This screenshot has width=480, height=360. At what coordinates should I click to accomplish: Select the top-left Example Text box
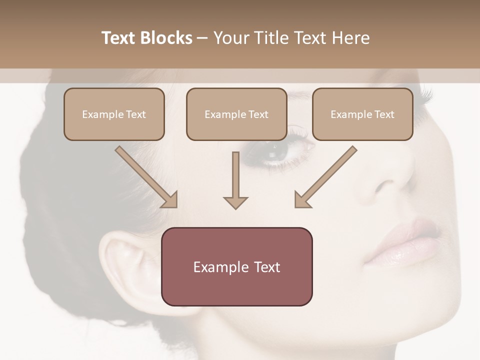pos(114,114)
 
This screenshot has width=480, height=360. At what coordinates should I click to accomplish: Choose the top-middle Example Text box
pos(236,114)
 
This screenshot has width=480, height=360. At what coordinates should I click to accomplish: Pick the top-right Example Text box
pos(362,114)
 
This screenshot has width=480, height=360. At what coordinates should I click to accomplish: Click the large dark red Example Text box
pos(236,266)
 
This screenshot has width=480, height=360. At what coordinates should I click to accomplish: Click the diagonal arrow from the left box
pos(147,177)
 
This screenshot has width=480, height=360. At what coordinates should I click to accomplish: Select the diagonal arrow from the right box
pos(325,177)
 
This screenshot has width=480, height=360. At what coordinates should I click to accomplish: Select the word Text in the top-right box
pos(384,114)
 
